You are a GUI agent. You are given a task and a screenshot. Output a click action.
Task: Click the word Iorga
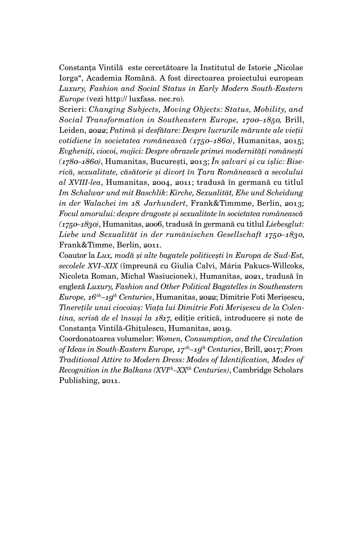click(68, 78)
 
